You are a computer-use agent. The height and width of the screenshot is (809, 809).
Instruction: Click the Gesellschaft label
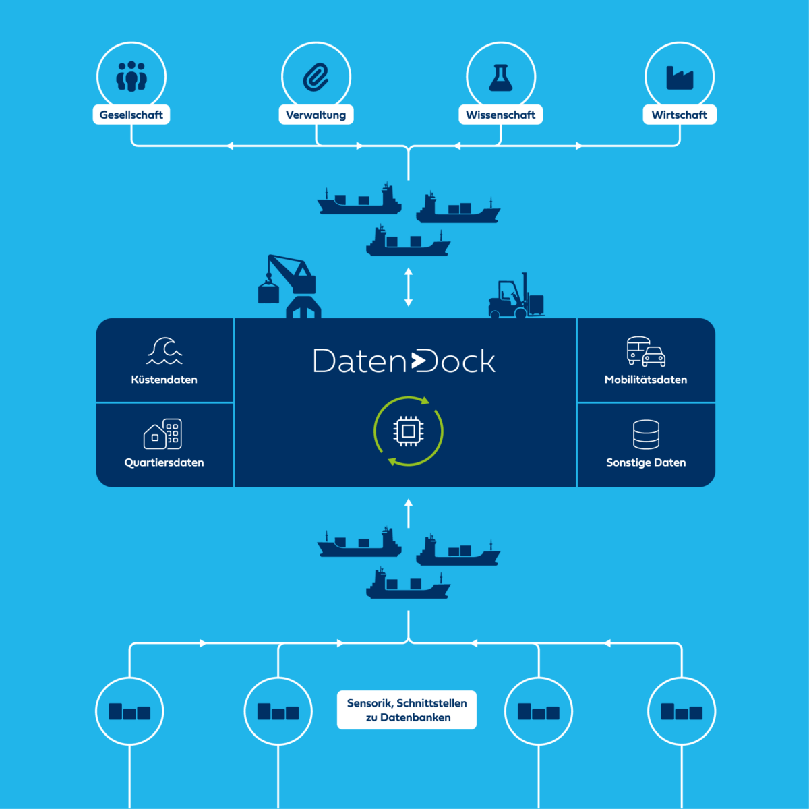tap(131, 115)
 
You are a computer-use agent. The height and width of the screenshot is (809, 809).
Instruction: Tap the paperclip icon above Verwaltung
tap(316, 78)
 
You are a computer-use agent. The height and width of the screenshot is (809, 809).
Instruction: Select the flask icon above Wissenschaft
tap(500, 78)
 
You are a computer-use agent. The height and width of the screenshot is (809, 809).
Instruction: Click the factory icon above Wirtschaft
tap(679, 78)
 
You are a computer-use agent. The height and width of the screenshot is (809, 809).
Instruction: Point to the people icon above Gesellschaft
tap(131, 77)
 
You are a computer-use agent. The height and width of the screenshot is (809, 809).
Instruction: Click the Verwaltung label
tap(316, 115)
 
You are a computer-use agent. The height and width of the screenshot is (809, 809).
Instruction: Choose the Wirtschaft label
tap(679, 115)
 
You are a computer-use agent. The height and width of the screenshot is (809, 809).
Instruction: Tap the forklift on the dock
tap(516, 298)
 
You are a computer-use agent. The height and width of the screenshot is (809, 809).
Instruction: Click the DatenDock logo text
tap(404, 361)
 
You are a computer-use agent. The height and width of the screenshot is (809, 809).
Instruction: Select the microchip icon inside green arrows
tap(408, 431)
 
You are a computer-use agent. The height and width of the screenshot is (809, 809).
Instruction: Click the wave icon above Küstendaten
tap(164, 351)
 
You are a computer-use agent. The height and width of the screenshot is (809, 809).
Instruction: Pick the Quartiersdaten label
tap(164, 462)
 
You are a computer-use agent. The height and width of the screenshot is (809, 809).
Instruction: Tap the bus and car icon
tap(645, 351)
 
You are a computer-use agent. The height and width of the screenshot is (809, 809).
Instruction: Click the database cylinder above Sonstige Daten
tap(646, 434)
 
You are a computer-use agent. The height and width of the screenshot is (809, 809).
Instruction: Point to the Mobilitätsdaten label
tap(645, 380)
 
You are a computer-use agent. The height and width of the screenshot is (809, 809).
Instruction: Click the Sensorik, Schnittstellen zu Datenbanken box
tap(407, 710)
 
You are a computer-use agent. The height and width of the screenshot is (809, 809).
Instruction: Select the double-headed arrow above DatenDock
tap(408, 287)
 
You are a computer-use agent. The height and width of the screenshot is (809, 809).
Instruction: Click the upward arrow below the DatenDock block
tap(408, 513)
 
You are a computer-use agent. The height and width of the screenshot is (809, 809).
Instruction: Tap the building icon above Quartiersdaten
tap(163, 433)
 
